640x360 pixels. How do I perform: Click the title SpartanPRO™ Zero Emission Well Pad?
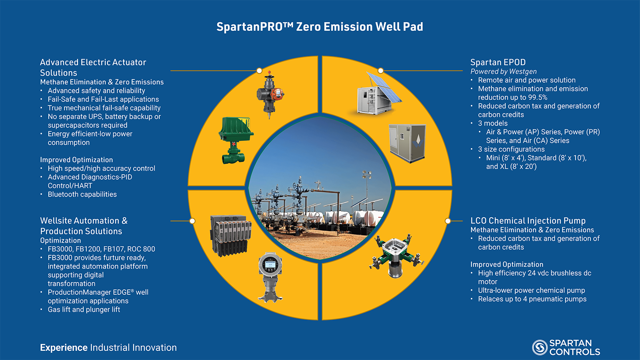pyautogui.click(x=320, y=27)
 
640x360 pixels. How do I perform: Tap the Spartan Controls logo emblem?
pyautogui.click(x=540, y=347)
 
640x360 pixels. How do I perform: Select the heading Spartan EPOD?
pyautogui.click(x=498, y=62)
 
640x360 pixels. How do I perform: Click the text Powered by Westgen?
pyautogui.click(x=503, y=71)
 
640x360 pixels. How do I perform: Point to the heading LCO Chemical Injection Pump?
pyautogui.click(x=528, y=221)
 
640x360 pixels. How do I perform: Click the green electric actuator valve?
pyautogui.click(x=235, y=140)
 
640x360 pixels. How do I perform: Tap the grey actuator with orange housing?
pyautogui.click(x=270, y=95)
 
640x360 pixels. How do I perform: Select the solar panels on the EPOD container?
pyautogui.click(x=384, y=88)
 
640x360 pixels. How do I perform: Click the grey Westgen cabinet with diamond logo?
pyautogui.click(x=407, y=143)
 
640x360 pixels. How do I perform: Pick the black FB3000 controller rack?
pyautogui.click(x=231, y=235)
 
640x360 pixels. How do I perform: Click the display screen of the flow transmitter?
pyautogui.click(x=270, y=265)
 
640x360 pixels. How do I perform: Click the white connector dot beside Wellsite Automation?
pyautogui.click(x=192, y=221)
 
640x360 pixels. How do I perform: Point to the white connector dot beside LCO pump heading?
pyautogui.click(x=448, y=221)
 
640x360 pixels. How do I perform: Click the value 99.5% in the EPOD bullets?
pyautogui.click(x=537, y=97)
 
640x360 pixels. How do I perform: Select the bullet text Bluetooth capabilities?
pyautogui.click(x=82, y=194)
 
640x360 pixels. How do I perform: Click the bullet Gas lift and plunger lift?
pyautogui.click(x=84, y=309)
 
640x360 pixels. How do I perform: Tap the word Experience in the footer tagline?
pyautogui.click(x=64, y=348)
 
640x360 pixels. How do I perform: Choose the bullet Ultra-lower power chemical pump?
pyautogui.click(x=531, y=290)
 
